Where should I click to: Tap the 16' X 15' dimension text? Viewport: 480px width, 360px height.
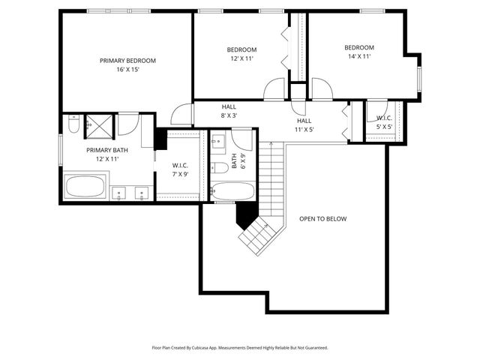click(x=127, y=69)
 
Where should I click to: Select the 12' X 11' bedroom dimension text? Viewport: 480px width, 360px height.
click(x=241, y=58)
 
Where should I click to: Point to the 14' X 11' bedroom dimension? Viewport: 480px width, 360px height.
click(x=359, y=56)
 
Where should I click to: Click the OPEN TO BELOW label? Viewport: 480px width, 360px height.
click(x=323, y=219)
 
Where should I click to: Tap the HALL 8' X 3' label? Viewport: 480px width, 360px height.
click(x=229, y=111)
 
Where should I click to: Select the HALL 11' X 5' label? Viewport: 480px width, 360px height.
click(x=304, y=125)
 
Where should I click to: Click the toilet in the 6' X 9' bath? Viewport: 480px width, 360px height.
click(x=220, y=166)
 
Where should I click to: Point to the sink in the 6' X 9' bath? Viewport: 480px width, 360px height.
click(x=217, y=141)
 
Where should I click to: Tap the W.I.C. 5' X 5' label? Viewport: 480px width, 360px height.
click(x=384, y=122)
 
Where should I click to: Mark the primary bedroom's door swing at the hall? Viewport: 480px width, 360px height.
click(x=180, y=115)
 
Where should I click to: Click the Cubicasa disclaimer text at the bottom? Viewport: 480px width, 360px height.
click(x=239, y=348)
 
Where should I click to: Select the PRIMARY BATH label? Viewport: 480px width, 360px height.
click(x=107, y=154)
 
